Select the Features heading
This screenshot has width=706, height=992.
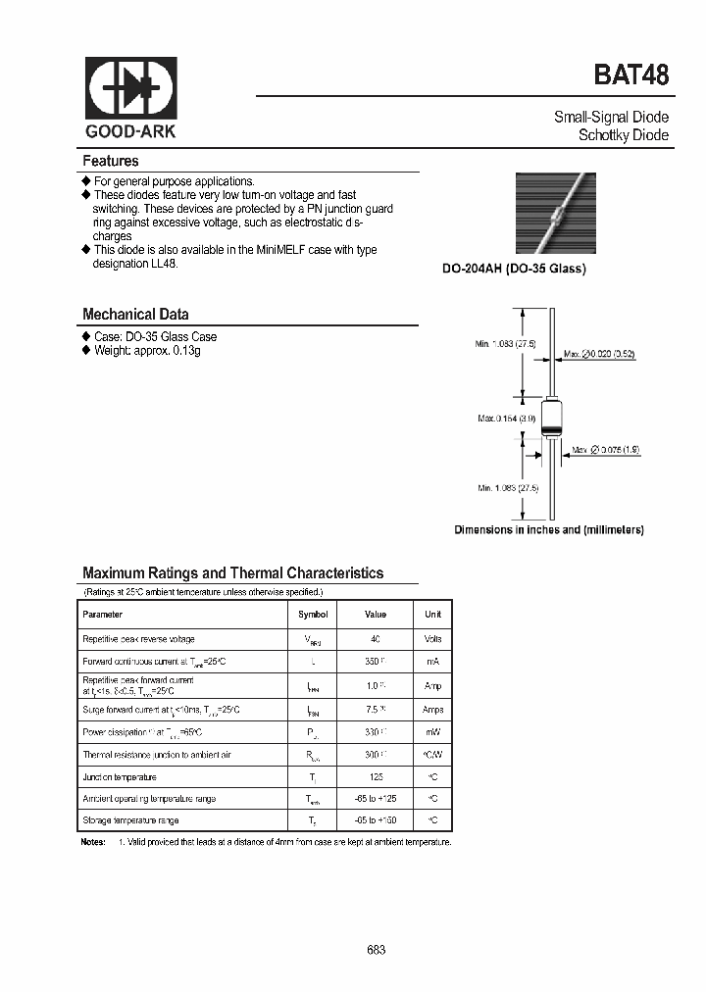[111, 161]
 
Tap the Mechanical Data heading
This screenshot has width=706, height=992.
[135, 315]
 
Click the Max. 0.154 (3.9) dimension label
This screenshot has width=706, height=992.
[506, 419]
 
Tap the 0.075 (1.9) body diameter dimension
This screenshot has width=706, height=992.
[607, 450]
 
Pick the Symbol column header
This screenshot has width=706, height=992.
[313, 615]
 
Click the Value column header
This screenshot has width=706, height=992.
[376, 615]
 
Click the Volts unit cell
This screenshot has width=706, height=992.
[432, 639]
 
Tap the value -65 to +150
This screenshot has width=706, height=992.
[376, 820]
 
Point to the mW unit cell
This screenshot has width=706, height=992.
[432, 731]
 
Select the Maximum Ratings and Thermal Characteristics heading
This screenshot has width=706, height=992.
[232, 573]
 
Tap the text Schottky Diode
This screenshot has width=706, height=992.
[624, 135]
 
